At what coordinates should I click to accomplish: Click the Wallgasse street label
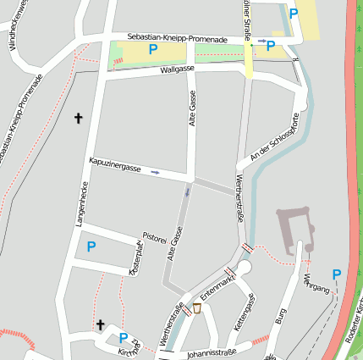tap(178, 69)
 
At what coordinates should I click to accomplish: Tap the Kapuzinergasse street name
tap(114, 164)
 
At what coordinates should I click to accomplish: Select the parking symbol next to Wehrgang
tap(336, 274)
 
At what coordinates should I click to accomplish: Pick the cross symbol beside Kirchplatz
tap(100, 324)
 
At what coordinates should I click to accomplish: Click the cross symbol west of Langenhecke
tap(80, 119)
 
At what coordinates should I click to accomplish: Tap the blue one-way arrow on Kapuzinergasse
tap(155, 173)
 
